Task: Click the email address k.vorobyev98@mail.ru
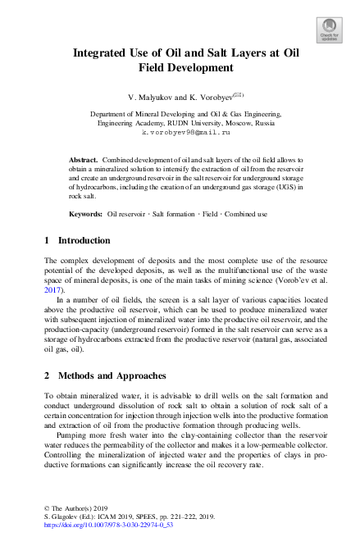pyautogui.click(x=180, y=132)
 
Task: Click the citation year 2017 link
pyautogui.click(x=55, y=289)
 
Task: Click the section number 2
pyautogui.click(x=47, y=375)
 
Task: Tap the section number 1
pyautogui.click(x=47, y=241)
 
